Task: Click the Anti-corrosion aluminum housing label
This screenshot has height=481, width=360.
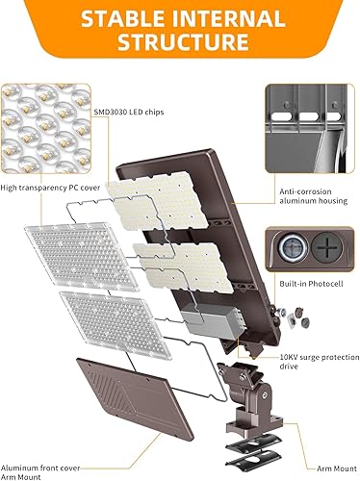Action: point(310,197)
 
